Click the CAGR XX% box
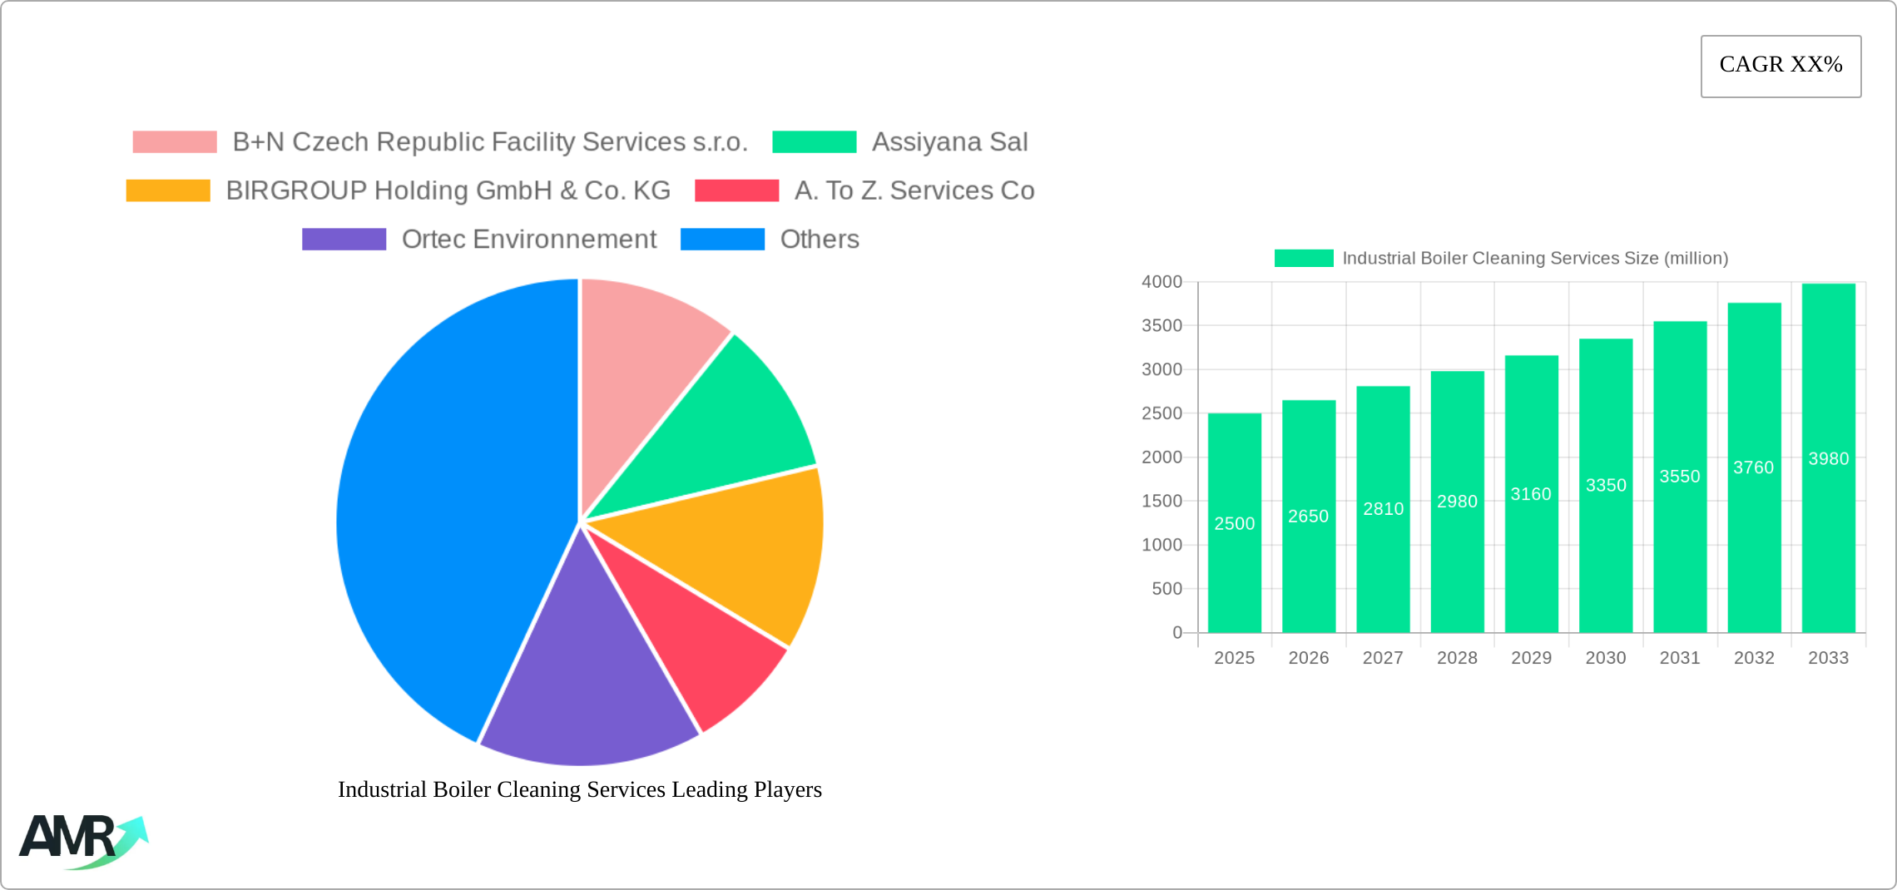[x=1781, y=66]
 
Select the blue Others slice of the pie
[x=433, y=516]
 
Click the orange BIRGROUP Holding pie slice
[x=740, y=549]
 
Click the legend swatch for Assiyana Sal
[x=814, y=142]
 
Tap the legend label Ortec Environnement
[x=528, y=240]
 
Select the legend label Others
[x=819, y=240]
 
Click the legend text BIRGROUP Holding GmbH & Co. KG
[x=448, y=190]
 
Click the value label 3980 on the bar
[x=1828, y=459]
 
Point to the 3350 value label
[x=1605, y=486]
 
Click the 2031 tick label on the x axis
[x=1679, y=658]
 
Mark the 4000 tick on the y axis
[x=1161, y=282]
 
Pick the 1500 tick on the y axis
[x=1161, y=501]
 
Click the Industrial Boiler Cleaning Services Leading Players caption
[x=579, y=789]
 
